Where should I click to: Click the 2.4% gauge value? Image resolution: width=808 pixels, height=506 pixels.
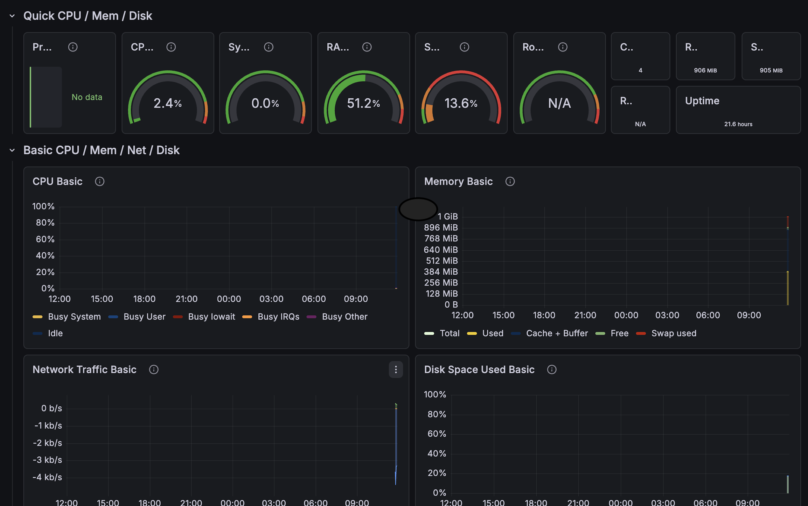pos(168,103)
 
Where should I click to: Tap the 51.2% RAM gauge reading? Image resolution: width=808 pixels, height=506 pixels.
pos(364,103)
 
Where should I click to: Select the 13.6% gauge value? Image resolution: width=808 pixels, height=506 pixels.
pos(461,103)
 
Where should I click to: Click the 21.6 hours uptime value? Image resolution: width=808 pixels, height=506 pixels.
pos(738,124)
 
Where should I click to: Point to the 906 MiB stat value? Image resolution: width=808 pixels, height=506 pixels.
pos(705,70)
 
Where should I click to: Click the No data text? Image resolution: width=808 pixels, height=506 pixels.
pos(87,97)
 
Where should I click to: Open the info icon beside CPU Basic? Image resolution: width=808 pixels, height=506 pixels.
pos(100,181)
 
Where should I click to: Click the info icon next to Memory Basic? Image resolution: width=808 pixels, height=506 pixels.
pos(510,181)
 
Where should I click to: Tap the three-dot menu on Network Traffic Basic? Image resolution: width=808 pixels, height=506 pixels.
pos(396,369)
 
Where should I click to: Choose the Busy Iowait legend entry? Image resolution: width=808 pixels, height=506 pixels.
pos(204,317)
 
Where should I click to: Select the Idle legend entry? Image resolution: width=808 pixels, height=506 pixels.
pos(48,333)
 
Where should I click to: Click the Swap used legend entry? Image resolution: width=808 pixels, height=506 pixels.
pos(666,333)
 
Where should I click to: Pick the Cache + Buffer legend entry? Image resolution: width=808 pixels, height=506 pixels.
pos(549,333)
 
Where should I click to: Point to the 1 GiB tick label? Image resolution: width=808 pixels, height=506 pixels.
pos(448,216)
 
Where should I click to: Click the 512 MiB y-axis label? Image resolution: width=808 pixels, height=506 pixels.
pos(442,261)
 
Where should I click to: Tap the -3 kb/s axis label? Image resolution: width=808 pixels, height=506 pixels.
pos(47,460)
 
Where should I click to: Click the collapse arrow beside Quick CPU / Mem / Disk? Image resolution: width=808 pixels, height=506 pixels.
pos(12,16)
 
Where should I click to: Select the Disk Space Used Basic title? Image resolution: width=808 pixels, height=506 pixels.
pos(479,369)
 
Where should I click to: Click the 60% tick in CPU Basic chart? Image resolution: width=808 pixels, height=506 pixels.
pos(45,239)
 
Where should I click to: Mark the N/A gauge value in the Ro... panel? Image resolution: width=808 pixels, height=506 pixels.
pos(560,103)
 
